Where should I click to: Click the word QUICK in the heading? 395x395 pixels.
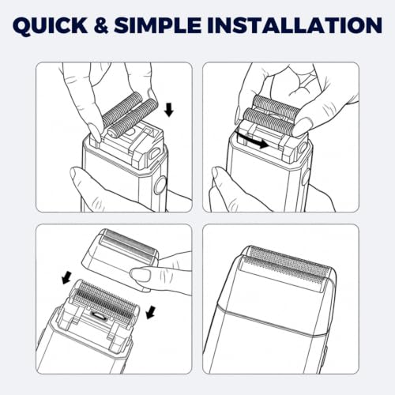(x=50, y=25)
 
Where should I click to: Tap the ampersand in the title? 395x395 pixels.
(x=101, y=25)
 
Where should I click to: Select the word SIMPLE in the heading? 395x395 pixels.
(x=158, y=25)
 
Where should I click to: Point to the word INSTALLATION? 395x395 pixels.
(x=295, y=25)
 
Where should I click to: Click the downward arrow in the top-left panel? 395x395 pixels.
(x=169, y=110)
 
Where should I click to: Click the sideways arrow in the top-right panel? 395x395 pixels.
(x=252, y=141)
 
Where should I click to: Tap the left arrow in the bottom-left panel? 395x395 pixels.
(x=67, y=278)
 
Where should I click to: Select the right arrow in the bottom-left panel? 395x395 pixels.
(x=150, y=312)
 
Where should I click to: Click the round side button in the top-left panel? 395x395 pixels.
(x=160, y=186)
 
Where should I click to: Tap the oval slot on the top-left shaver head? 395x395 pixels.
(x=155, y=152)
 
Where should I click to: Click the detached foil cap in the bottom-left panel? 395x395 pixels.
(x=120, y=258)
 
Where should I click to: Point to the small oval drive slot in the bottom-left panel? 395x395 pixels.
(x=99, y=314)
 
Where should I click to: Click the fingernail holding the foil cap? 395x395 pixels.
(x=140, y=275)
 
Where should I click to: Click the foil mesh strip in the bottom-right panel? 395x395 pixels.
(x=288, y=266)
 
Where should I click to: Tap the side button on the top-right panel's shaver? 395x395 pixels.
(x=306, y=179)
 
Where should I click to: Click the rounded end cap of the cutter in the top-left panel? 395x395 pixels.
(x=111, y=133)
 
